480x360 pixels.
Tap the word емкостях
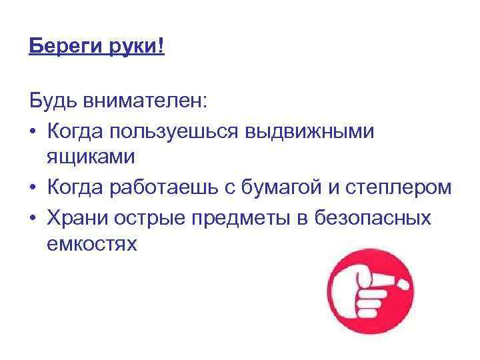pos(92,244)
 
